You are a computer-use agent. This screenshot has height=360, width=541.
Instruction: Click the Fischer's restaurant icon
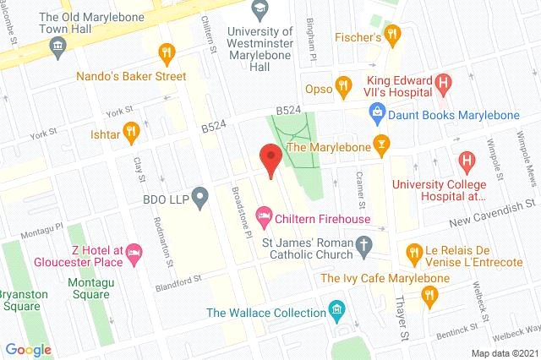pyautogui.click(x=391, y=34)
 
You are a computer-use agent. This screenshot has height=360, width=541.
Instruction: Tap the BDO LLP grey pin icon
pyautogui.click(x=199, y=199)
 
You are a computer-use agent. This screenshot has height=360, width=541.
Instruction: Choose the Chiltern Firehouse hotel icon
pyautogui.click(x=264, y=218)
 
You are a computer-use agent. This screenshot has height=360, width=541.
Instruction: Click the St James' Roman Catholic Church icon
pyautogui.click(x=364, y=247)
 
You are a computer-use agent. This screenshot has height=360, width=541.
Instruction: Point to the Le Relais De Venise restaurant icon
pyautogui.click(x=413, y=251)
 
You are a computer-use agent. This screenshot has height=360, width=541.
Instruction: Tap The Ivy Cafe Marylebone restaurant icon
pyautogui.click(x=430, y=294)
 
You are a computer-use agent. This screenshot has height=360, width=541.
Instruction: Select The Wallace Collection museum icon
pyautogui.click(x=338, y=311)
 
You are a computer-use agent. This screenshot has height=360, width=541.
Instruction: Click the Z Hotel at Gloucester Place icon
pyautogui.click(x=135, y=252)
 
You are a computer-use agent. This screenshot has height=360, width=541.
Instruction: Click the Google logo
pyautogui.click(x=28, y=349)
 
